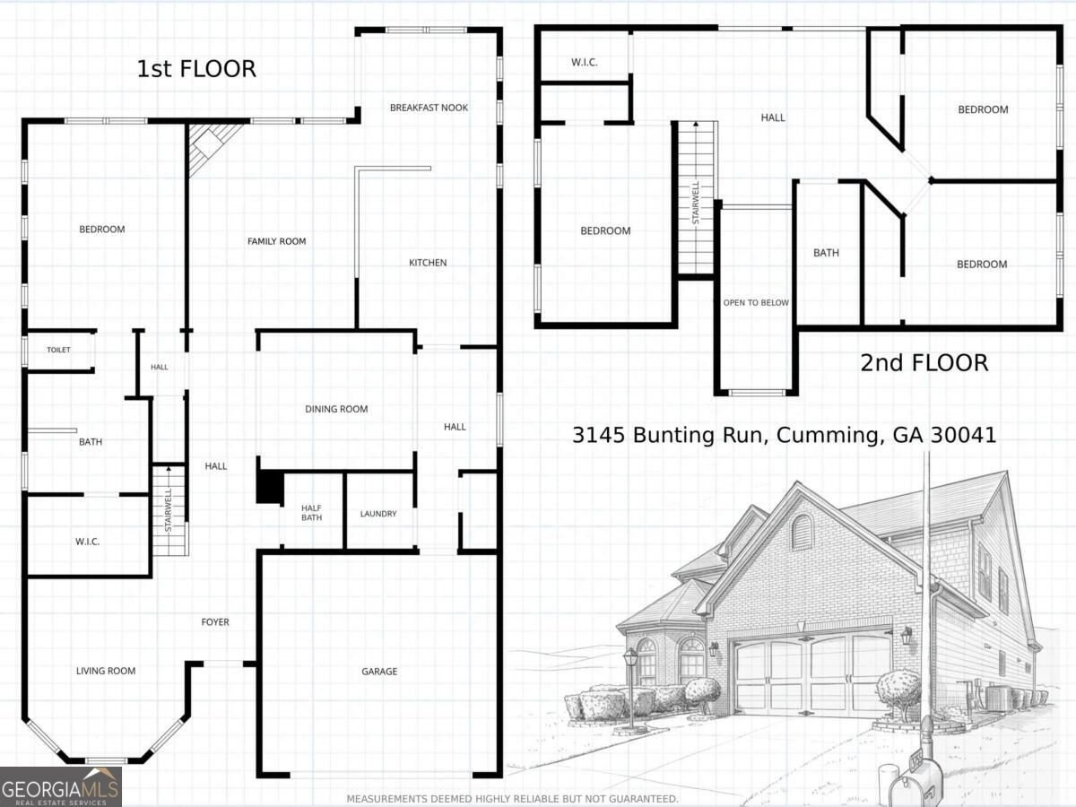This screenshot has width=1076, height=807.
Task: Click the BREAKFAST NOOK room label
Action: point(429,108)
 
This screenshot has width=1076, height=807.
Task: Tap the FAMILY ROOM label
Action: point(276,241)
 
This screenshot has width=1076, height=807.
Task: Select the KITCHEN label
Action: point(428,263)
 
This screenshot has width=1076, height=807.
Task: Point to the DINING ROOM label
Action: point(336,409)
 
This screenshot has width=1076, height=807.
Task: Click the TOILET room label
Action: point(59,350)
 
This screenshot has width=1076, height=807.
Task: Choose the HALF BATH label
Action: point(312,513)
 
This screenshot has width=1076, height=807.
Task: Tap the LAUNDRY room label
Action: point(378,514)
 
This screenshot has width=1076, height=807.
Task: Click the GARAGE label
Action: point(379,672)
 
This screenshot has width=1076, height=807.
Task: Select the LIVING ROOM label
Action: point(106,671)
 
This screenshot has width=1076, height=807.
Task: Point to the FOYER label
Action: point(215,622)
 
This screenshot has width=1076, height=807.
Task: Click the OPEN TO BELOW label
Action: point(756,303)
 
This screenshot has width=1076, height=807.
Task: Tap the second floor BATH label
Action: point(826,253)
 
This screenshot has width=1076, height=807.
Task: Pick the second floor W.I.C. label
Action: point(585,62)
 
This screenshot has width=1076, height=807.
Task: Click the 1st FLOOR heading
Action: point(196,69)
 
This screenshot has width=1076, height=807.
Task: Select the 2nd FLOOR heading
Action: point(924,363)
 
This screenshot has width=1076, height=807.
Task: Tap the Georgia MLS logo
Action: point(61,787)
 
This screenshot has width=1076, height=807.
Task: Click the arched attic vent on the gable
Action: point(801,532)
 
